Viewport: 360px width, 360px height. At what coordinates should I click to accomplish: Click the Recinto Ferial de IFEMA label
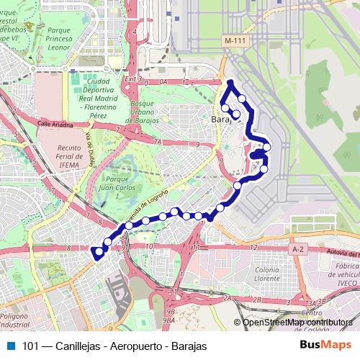(52, 158)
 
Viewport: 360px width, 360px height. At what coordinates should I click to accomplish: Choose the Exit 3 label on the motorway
(134, 78)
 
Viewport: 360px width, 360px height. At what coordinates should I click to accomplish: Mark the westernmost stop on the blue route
(96, 252)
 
